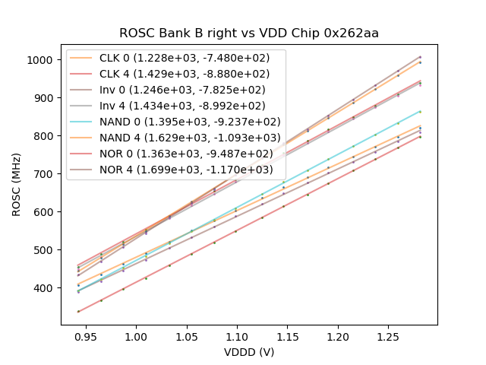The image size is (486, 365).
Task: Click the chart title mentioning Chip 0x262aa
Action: tap(249, 33)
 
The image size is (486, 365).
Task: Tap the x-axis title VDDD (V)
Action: tap(249, 352)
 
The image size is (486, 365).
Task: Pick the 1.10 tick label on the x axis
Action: tap(237, 335)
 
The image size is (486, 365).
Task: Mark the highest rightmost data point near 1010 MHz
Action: tap(420, 56)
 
